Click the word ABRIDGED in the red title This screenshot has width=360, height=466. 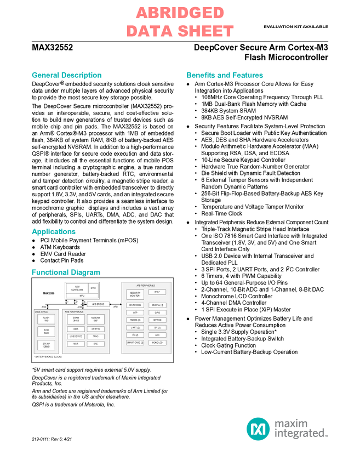click(180, 13)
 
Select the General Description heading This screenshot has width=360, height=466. click(66, 75)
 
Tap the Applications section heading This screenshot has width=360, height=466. click(53, 232)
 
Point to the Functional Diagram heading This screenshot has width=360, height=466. click(66, 272)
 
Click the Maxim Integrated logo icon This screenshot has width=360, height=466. click(258, 428)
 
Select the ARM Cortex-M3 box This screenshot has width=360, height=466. click(77, 288)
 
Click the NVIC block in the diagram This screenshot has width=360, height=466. click(93, 288)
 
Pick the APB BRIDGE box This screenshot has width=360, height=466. click(98, 304)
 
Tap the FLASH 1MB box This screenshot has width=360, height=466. click(46, 319)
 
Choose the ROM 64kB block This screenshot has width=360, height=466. click(46, 332)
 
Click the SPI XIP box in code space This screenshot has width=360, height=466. click(46, 345)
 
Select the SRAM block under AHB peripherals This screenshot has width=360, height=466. click(76, 319)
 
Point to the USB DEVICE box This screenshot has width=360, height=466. click(76, 337)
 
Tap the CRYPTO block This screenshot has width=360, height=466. click(95, 329)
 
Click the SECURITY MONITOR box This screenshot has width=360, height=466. click(135, 294)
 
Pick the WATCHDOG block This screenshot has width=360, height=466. click(135, 305)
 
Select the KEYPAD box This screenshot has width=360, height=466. click(157, 320)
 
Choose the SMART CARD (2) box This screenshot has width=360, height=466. click(135, 343)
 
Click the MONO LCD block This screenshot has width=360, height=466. click(157, 343)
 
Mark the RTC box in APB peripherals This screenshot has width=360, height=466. click(157, 292)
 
